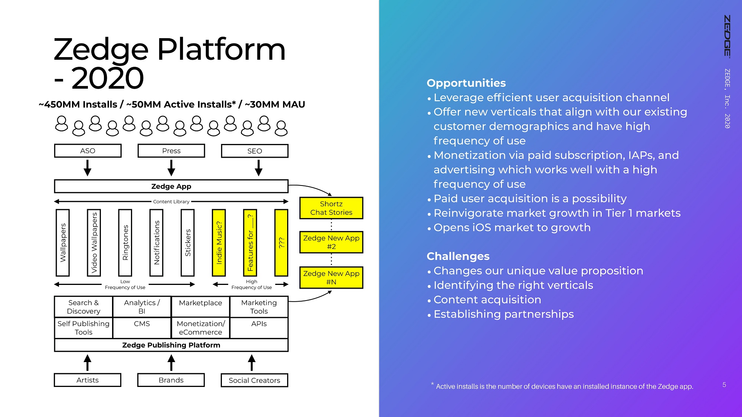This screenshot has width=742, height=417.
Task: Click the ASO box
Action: (88, 151)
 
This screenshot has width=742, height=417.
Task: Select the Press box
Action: (171, 151)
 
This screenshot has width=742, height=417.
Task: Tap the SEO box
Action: (255, 151)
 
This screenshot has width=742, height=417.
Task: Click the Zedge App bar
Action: (171, 186)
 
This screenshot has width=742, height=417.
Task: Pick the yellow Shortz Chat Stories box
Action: (331, 208)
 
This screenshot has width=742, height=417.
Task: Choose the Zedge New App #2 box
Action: (331, 242)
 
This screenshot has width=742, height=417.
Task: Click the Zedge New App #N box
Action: (331, 278)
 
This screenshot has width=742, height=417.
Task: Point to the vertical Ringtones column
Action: (125, 243)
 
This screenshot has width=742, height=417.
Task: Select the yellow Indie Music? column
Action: (219, 243)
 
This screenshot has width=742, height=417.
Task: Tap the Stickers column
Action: (188, 243)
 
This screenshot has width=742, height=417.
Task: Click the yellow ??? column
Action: (281, 243)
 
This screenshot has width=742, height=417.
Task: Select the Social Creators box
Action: (255, 380)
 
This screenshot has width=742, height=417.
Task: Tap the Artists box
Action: (88, 380)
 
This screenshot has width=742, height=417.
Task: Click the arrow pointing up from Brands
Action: (171, 362)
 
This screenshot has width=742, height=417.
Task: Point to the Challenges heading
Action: (458, 256)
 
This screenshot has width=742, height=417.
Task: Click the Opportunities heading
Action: (466, 83)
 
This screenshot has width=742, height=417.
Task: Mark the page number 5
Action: (724, 385)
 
